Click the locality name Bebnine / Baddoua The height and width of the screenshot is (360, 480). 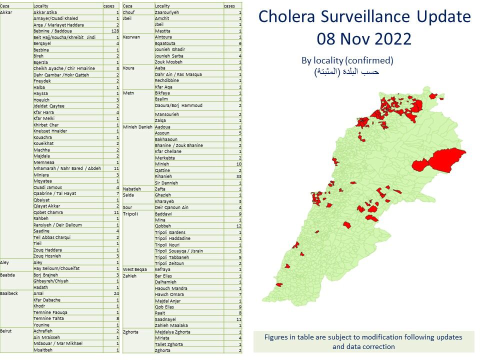tap(51, 31)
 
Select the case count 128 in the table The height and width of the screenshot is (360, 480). tap(114, 31)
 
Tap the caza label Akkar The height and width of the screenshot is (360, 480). tap(6, 12)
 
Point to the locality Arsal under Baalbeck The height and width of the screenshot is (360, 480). tap(38, 293)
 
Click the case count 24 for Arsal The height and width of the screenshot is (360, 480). tap(116, 293)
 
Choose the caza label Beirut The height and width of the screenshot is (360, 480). tap(6, 331)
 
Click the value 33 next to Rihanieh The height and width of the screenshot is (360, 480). tap(238, 176)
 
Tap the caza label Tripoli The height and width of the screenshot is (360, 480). tap(131, 214)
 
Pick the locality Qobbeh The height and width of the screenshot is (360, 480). tap(163, 226)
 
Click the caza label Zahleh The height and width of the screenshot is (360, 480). tap(130, 276)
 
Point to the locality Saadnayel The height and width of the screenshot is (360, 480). tap(165, 319)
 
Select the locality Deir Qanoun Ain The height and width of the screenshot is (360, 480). tap(171, 207)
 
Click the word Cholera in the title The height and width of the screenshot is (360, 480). tap(285, 17)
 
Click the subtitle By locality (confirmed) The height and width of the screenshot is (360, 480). tap(347, 60)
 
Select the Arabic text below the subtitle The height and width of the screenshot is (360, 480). tap(346, 71)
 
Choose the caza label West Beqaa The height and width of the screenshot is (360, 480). tap(135, 269)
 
